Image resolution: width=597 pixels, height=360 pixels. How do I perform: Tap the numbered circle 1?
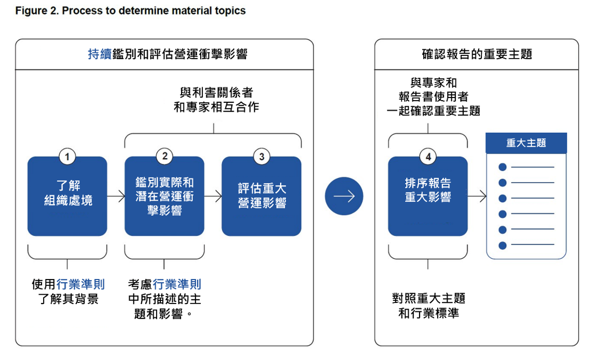67,157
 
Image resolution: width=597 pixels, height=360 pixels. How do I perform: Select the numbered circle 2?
164,156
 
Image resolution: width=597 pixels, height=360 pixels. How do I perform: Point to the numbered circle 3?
261,157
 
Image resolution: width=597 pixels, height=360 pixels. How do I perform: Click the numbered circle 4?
428,157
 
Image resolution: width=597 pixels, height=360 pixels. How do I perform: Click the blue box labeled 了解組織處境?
67,196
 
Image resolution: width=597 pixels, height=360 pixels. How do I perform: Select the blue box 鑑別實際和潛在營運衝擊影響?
164,196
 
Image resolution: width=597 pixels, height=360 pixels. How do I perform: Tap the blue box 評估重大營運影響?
261,196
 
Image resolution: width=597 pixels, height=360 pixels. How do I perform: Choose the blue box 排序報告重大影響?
428,196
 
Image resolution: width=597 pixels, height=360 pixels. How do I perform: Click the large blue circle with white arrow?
344,196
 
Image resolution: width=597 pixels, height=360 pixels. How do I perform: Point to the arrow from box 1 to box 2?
116,196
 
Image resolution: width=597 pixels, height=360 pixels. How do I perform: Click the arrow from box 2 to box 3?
213,196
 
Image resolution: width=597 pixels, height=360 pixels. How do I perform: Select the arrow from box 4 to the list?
477,196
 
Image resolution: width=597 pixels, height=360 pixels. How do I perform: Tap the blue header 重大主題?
526,143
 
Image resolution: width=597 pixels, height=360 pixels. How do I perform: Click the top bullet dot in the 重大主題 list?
503,167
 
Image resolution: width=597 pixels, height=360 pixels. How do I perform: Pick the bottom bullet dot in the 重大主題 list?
503,245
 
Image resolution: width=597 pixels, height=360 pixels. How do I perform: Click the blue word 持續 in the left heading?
100,54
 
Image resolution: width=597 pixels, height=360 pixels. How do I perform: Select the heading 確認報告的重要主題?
477,54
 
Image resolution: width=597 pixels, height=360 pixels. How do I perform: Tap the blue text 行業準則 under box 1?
81,284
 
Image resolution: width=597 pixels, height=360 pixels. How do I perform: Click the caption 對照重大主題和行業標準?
429,306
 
